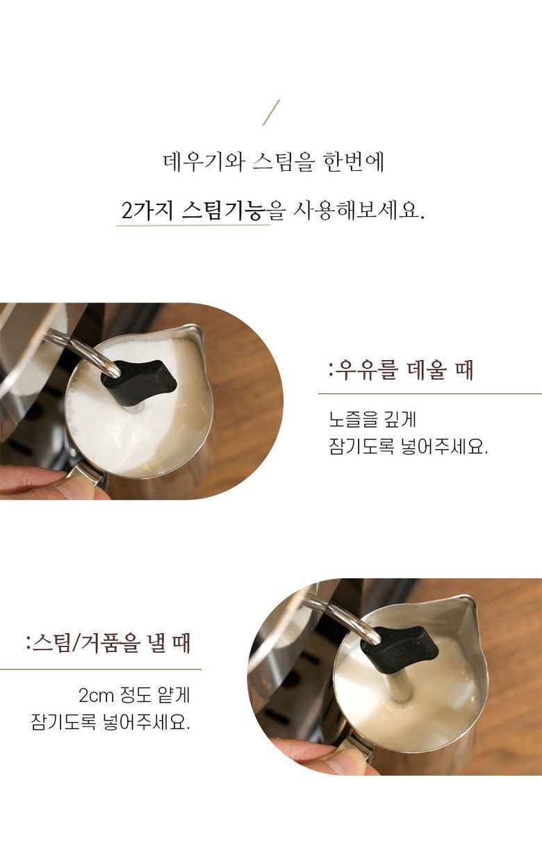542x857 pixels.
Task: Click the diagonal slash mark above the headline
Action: (271, 113)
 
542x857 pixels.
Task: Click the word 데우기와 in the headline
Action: (204, 162)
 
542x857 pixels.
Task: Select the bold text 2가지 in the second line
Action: (147, 210)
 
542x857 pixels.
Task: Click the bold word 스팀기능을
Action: (233, 210)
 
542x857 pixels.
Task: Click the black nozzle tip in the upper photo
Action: (138, 383)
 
